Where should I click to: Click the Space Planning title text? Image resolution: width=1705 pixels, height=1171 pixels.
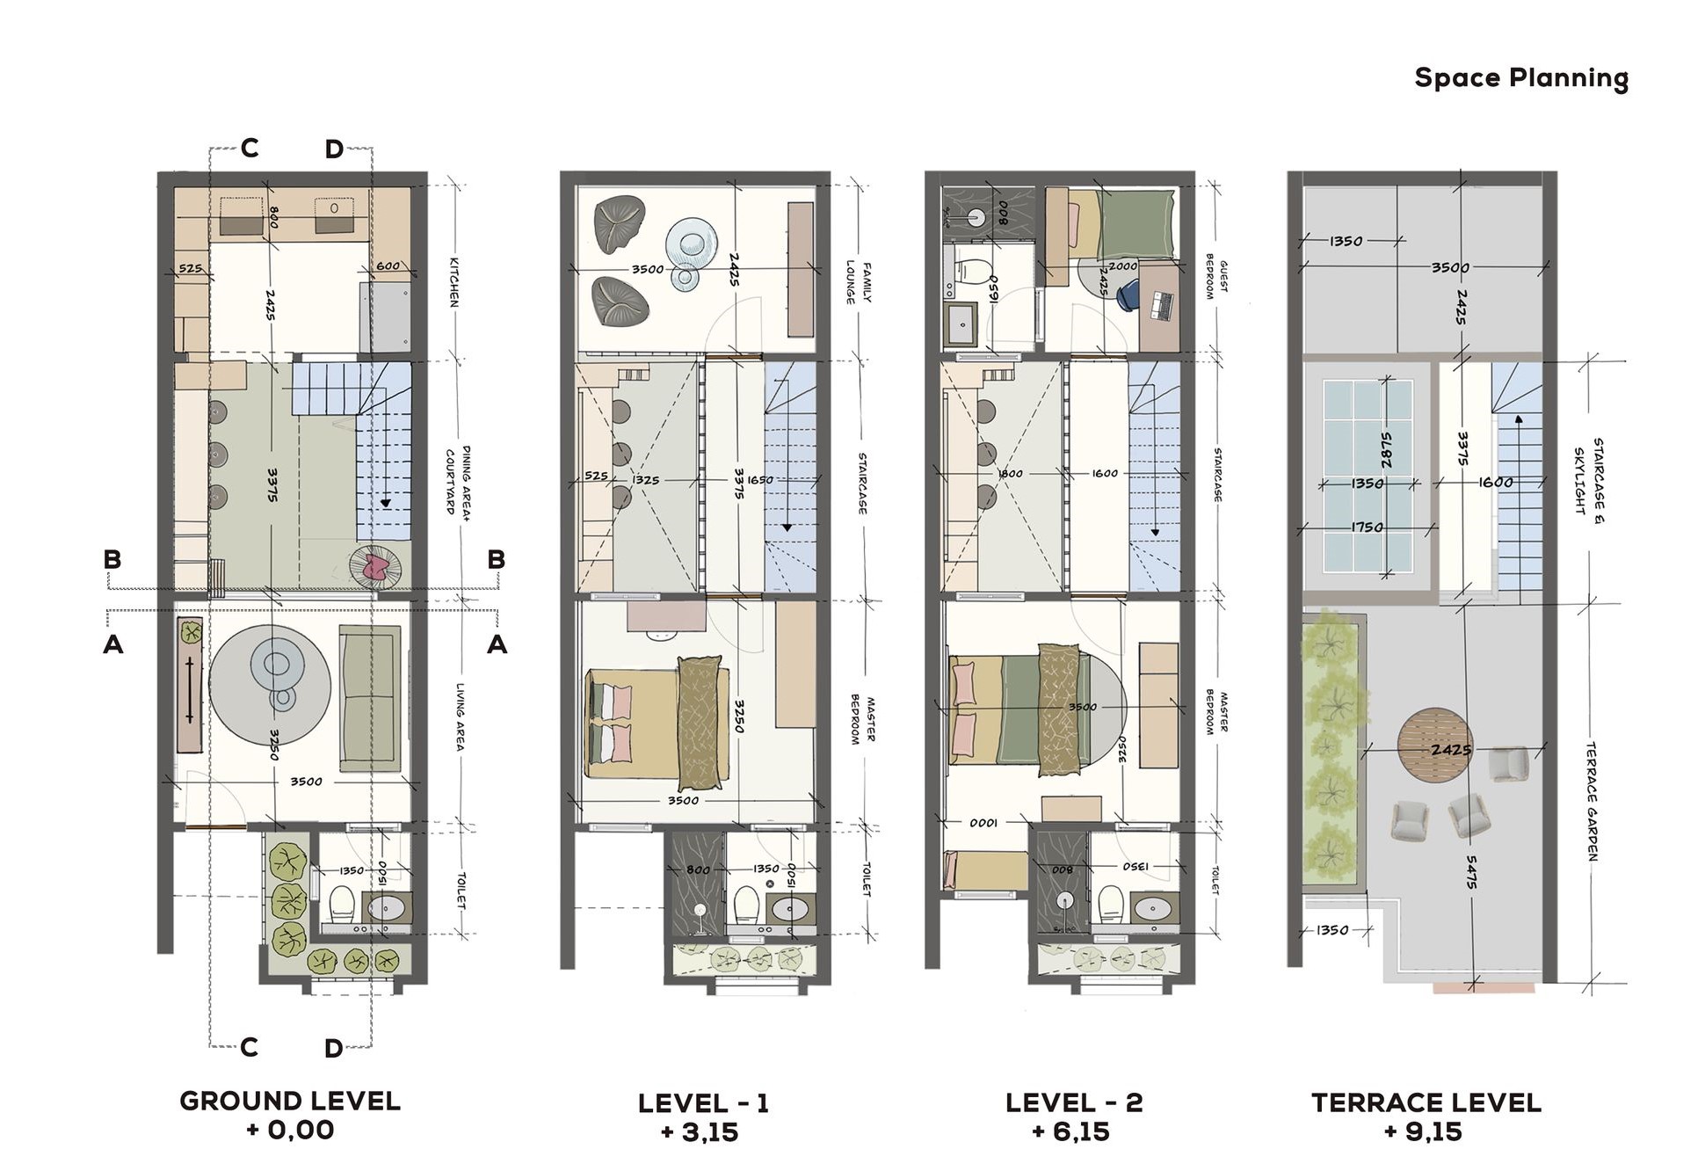coord(1520,78)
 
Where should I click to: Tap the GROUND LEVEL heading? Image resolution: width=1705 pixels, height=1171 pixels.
coord(290,1101)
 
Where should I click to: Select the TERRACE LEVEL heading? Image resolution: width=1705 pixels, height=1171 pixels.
coord(1426,1102)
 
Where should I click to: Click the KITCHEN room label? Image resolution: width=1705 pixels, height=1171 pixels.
coord(454,282)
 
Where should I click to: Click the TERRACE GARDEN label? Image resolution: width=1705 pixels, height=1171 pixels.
coord(1592,801)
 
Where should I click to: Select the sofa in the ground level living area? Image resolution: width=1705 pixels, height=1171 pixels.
coord(370,699)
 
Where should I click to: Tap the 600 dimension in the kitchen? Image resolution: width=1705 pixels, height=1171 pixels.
coord(388,265)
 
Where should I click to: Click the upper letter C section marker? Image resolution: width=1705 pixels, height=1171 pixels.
coord(250,149)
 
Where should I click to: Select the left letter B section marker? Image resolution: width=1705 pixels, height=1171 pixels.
coord(112,559)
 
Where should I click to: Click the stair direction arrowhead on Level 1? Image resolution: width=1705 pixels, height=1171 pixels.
coord(787,528)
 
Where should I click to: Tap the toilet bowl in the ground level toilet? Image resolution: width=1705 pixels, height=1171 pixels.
coord(341,902)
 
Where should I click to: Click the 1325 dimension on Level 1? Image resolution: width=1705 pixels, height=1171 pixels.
coord(645,480)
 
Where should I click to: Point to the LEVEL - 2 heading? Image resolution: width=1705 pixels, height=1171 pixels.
coord(1073,1102)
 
